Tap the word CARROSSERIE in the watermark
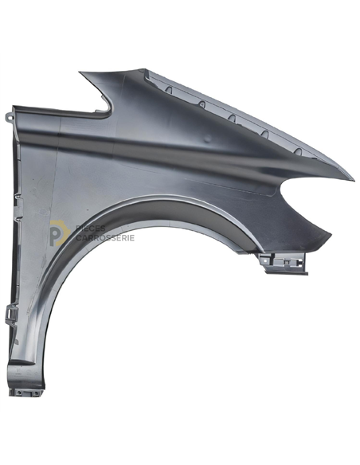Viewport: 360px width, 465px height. coord(105,238)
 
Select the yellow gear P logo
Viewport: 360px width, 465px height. coord(59,233)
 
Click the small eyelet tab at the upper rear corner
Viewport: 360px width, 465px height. coord(9,116)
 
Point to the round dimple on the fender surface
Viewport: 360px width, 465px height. coord(208,138)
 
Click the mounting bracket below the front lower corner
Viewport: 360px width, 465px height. coord(284,263)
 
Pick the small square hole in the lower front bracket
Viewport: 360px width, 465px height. coord(288,262)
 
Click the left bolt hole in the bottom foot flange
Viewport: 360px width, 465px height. coord(18,393)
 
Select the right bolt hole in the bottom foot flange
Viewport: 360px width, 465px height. coord(37,393)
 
